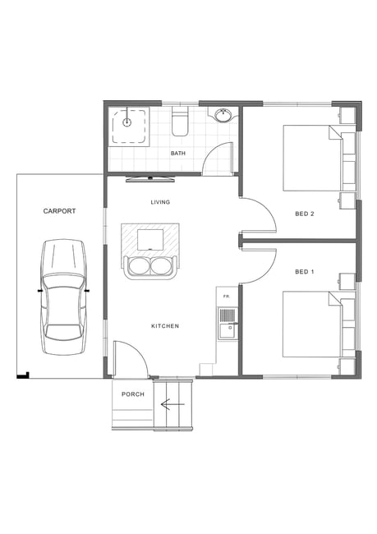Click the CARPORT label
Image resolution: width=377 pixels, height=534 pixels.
pos(59,211)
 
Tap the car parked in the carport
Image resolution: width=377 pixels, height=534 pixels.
pos(64,297)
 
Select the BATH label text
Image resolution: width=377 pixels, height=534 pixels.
pos(178,154)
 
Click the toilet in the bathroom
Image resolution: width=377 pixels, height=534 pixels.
pos(180,122)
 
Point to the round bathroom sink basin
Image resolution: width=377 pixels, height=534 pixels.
pos(223,114)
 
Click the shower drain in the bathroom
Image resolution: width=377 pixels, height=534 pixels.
pos(126,122)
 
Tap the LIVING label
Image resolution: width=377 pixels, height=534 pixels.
pos(160,202)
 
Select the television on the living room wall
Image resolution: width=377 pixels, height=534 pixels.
pos(150,179)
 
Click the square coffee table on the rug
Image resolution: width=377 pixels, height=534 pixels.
pos(150,239)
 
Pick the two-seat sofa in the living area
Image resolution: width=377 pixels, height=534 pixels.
pos(150,267)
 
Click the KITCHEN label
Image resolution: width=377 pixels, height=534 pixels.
pos(165,326)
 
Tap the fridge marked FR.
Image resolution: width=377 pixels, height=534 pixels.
pos(227,297)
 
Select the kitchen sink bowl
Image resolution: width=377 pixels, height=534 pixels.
pos(228,330)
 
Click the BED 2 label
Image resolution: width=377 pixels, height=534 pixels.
pos(305,214)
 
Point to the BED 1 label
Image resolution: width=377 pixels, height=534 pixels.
pos(305,272)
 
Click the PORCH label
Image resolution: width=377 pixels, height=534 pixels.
pos(133,394)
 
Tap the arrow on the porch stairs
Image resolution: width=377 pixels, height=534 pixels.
pos(172,404)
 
